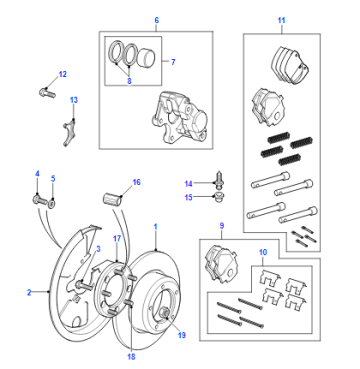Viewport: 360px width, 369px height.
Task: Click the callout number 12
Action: (63, 74)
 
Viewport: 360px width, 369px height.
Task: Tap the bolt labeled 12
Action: (47, 92)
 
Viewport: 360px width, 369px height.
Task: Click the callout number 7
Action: (173, 62)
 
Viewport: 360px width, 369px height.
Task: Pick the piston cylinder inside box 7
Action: (147, 58)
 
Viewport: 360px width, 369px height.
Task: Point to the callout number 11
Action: (282, 20)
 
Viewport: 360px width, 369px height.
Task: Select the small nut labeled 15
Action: (219, 196)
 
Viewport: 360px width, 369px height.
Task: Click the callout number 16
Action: (137, 182)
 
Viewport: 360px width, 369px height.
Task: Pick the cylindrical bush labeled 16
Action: (111, 200)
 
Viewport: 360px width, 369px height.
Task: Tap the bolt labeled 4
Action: (39, 201)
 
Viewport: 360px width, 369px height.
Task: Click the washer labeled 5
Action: (52, 202)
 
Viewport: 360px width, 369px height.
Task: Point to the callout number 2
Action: (29, 292)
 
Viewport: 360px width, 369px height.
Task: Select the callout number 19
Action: (181, 335)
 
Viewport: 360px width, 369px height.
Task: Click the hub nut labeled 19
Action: (165, 314)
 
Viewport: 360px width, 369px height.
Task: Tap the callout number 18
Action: (131, 357)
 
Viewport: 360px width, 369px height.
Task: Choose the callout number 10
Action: (263, 252)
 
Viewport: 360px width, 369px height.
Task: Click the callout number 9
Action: (222, 226)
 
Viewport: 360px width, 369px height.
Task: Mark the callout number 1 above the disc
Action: (155, 227)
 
